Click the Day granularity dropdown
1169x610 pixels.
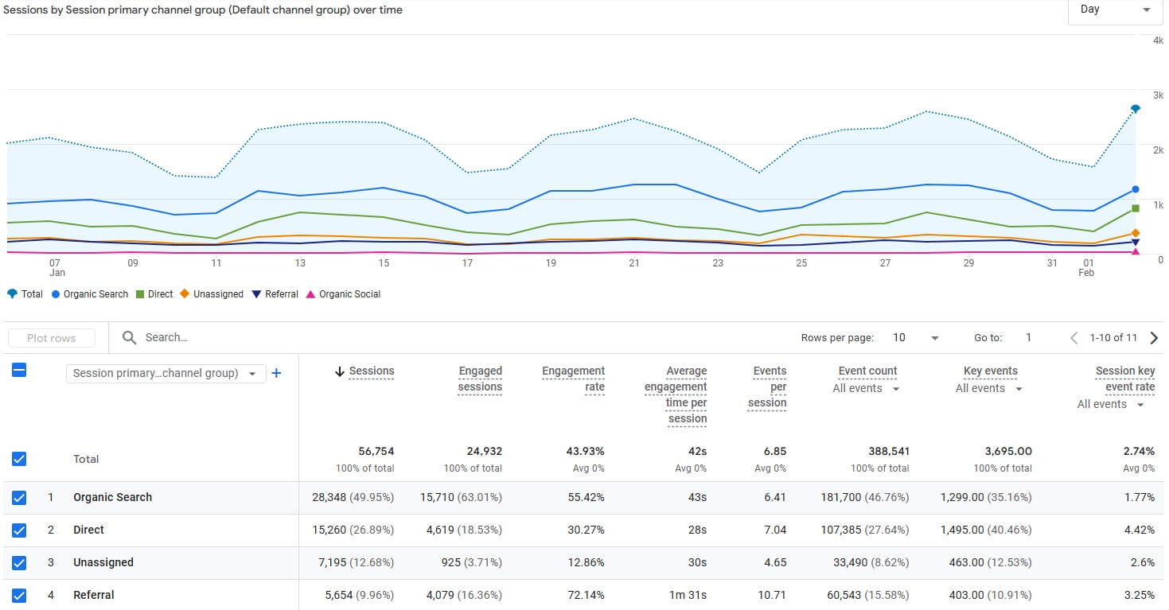point(1115,10)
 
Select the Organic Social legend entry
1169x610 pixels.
point(349,294)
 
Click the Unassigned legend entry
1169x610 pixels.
point(218,294)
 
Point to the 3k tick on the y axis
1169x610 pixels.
point(1158,95)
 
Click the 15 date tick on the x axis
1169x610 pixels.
point(384,263)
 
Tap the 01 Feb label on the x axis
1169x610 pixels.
point(1087,267)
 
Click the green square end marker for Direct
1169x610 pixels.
point(1136,208)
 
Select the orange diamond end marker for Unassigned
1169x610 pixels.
point(1136,233)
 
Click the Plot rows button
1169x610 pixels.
point(52,338)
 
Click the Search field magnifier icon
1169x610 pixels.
point(130,338)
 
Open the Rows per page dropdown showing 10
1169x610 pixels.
point(915,338)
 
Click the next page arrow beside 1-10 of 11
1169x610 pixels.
point(1154,338)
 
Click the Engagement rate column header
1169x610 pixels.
point(573,379)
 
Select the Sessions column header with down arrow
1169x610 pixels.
point(365,371)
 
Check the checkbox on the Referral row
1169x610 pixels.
point(19,595)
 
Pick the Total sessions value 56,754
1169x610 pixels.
point(377,451)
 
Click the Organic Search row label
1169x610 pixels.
point(112,497)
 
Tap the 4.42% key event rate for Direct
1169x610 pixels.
point(1139,530)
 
